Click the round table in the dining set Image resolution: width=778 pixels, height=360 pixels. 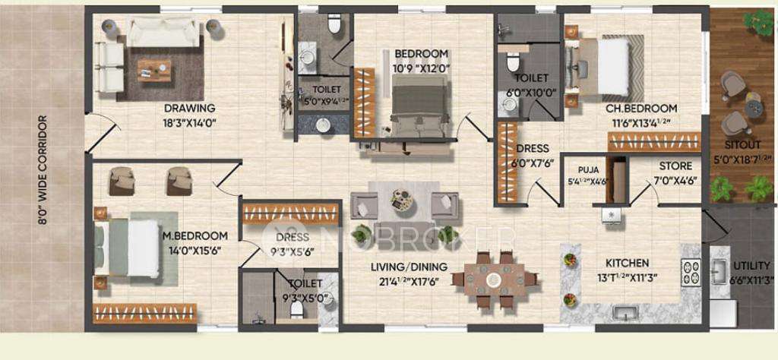point(494,279)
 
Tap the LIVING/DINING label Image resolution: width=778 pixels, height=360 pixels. point(409,267)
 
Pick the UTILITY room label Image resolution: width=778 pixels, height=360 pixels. point(751,266)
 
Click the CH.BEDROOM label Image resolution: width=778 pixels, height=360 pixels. point(640,109)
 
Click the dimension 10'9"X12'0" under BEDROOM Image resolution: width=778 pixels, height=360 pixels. point(421,66)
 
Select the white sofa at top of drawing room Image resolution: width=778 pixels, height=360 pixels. point(163,30)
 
